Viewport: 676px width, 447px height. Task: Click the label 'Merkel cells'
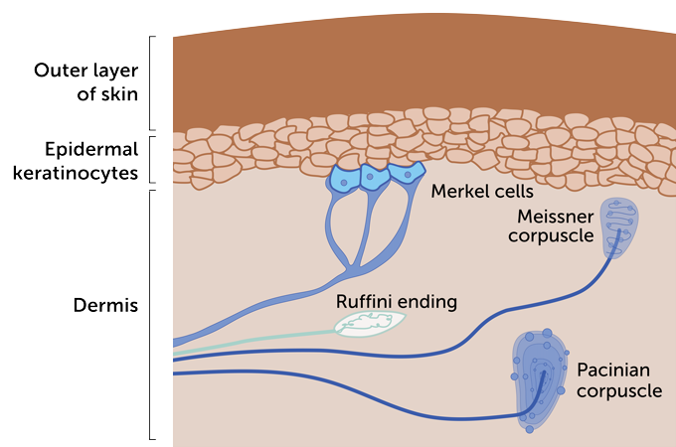pyautogui.click(x=475, y=190)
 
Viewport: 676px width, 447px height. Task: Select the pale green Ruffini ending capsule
pyautogui.click(x=370, y=323)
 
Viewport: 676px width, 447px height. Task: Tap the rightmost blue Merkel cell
pyautogui.click(x=405, y=175)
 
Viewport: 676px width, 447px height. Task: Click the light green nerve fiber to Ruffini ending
pyautogui.click(x=258, y=339)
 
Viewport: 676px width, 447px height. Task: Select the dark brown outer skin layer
pyautogui.click(x=418, y=74)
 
